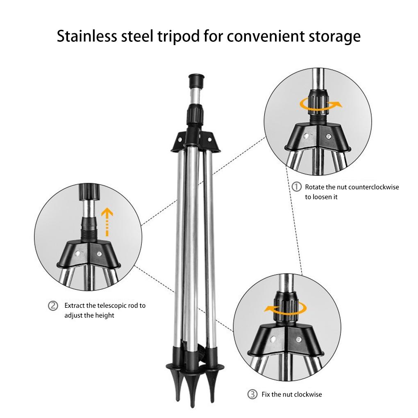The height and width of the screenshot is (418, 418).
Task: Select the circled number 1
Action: (296, 187)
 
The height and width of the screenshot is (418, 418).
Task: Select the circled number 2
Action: (53, 306)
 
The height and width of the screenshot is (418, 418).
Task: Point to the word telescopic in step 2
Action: (114, 306)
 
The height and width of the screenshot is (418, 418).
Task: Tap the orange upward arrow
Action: (107, 221)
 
